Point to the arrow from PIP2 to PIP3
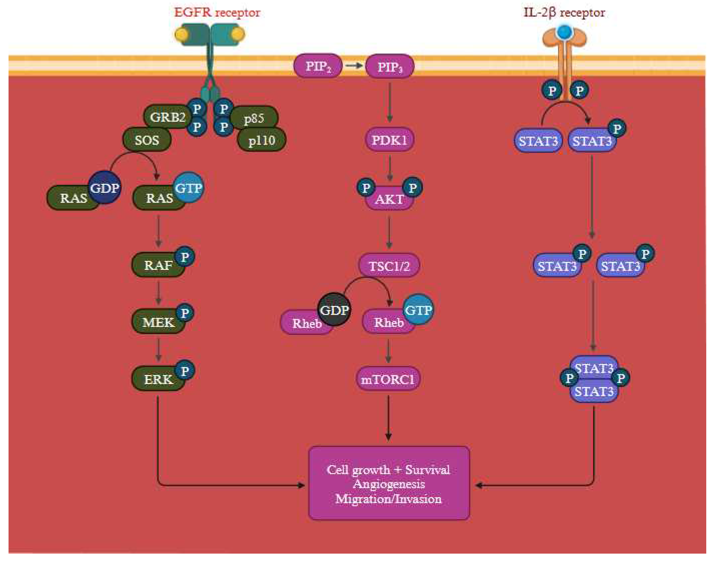pos(354,66)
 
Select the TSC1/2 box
pos(389,266)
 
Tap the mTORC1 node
pos(388,379)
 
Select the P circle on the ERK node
pos(185,370)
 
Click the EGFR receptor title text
pos(217,13)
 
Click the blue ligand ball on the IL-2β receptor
pos(565,32)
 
